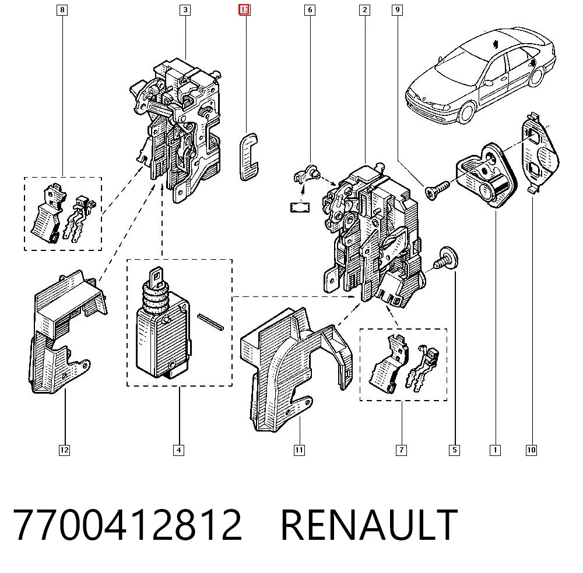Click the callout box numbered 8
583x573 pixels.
coord(62,10)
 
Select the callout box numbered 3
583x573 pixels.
coord(185,10)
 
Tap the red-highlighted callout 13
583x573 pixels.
coord(244,10)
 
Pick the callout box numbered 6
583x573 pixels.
coord(310,10)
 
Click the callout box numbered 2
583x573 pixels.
coord(365,10)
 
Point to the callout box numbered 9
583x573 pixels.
coord(398,10)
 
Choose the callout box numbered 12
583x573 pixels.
coord(64,450)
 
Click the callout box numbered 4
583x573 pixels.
coord(179,450)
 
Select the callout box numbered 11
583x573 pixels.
coord(299,450)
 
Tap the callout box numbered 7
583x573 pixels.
coord(401,450)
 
